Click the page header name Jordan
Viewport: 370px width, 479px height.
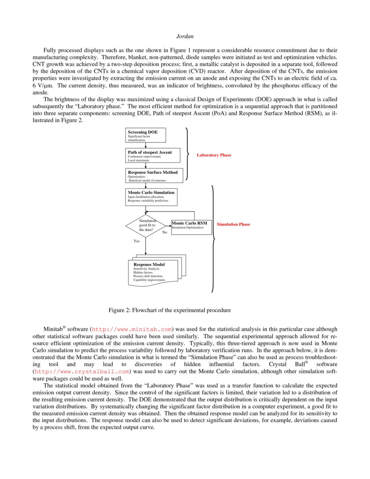pos(185,36)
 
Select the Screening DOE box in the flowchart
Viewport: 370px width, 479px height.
pos(146,135)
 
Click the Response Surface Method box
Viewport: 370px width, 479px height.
pos(154,175)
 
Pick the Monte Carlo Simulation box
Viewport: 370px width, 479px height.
pos(151,197)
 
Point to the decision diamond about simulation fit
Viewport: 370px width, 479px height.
pos(146,226)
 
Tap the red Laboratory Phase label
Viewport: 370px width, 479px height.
pos(214,155)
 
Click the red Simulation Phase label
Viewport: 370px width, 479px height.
pos(233,224)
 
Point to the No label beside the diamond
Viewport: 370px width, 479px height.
pos(165,232)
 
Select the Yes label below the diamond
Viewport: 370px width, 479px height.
pos(137,241)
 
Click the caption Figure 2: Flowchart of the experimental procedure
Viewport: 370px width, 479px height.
pos(170,310)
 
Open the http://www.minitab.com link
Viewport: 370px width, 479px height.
pos(132,329)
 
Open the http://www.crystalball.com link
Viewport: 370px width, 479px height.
pos(82,372)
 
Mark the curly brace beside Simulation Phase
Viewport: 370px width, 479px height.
pos(213,239)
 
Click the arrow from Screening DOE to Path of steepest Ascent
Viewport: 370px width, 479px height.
pos(146,145)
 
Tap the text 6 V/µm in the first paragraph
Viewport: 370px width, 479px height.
pos(43,86)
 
